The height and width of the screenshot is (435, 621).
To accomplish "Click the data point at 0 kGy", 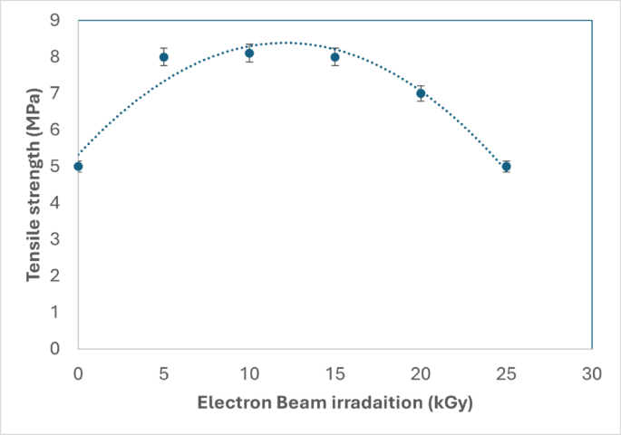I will click(78, 167).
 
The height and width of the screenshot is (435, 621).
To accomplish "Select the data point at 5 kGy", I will click(164, 57).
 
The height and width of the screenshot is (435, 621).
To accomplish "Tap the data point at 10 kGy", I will click(249, 53).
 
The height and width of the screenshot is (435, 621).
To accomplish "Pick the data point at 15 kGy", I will click(335, 57).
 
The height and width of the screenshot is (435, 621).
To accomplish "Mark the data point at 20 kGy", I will click(421, 93).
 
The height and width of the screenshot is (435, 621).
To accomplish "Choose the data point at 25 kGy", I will click(507, 167).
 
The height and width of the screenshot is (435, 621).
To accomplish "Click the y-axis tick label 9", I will click(55, 20).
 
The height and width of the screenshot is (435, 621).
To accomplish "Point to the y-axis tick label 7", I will click(55, 93).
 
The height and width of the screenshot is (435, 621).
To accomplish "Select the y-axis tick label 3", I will click(55, 239).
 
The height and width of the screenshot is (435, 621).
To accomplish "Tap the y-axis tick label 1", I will click(55, 312).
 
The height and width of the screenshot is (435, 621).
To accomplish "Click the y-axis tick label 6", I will click(55, 130).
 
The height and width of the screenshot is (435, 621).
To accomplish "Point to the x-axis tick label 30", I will click(592, 373).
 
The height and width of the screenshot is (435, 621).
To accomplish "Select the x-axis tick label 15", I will click(335, 373).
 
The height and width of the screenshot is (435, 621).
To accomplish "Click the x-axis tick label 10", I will click(249, 373).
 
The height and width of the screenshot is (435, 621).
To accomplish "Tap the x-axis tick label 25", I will click(507, 373).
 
